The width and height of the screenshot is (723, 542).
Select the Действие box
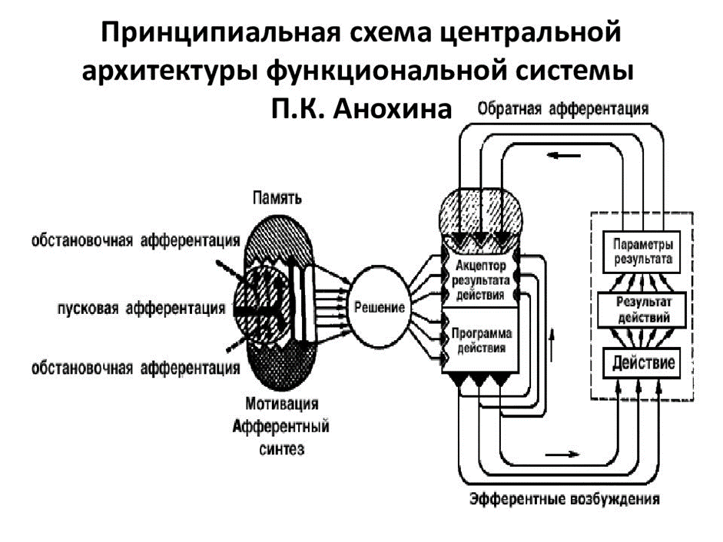(643, 362)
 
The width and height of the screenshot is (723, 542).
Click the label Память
(277, 198)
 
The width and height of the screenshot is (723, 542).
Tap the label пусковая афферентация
(141, 309)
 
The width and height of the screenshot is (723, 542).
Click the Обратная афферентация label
(562, 108)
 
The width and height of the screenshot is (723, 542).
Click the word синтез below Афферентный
(282, 449)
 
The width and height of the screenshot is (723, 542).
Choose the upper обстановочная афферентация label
(135, 240)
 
